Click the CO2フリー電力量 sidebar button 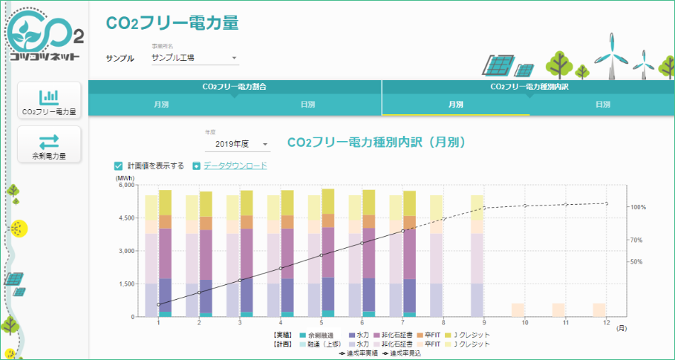click(x=50, y=102)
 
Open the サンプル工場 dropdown click(x=194, y=58)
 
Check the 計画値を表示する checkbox click(x=118, y=166)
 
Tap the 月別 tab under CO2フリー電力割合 click(x=161, y=105)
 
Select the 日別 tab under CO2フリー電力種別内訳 click(x=602, y=105)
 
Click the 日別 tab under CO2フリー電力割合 click(x=307, y=105)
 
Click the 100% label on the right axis click(x=638, y=207)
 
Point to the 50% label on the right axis click(x=636, y=261)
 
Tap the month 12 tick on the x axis click(x=607, y=323)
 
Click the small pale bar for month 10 click(x=518, y=310)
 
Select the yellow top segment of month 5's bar click(x=327, y=202)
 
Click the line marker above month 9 click(x=484, y=209)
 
